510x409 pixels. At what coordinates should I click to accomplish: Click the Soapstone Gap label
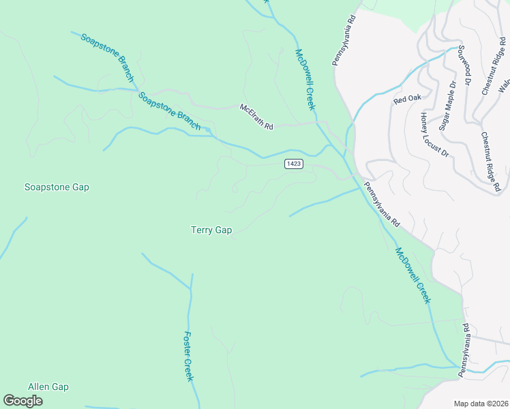[57, 187]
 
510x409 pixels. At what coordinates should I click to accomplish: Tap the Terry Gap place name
[211, 230]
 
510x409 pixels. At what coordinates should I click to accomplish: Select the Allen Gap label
[48, 387]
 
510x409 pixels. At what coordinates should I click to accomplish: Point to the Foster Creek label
[190, 357]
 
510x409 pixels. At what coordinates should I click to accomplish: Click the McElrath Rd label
[256, 117]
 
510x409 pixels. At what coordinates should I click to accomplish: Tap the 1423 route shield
[294, 164]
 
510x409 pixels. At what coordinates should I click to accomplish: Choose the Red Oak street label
[408, 99]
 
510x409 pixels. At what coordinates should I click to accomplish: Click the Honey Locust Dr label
[434, 134]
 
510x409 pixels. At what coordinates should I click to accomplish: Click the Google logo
[22, 401]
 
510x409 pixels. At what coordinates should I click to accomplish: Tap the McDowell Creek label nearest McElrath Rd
[305, 79]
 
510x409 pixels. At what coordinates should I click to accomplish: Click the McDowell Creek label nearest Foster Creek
[413, 275]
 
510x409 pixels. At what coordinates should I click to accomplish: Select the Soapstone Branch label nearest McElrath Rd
[169, 110]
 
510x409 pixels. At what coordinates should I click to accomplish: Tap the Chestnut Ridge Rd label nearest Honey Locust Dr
[491, 162]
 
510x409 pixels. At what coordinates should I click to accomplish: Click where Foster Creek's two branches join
[192, 289]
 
